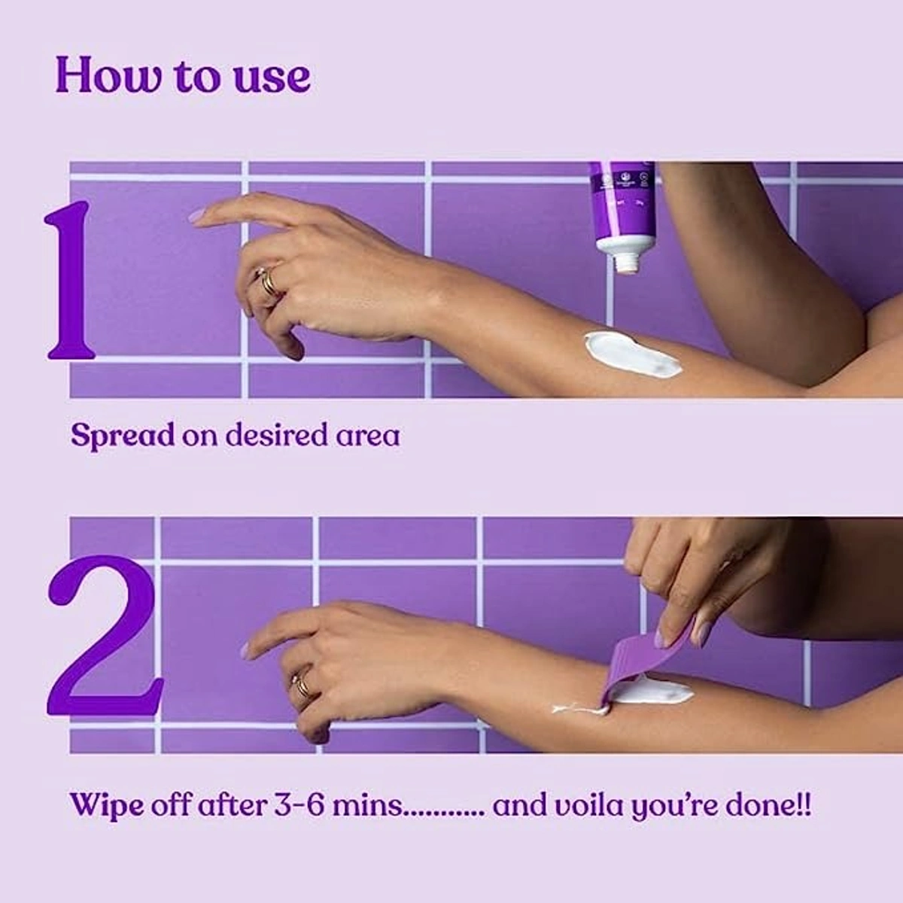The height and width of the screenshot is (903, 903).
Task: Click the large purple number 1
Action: click(71, 280)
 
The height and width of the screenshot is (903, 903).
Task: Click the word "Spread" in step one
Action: click(122, 436)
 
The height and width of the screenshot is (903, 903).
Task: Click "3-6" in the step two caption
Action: click(299, 805)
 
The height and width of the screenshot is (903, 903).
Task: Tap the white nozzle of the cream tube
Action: click(626, 261)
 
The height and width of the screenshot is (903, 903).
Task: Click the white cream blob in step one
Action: click(632, 354)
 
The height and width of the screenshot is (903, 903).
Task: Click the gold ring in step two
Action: click(302, 683)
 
